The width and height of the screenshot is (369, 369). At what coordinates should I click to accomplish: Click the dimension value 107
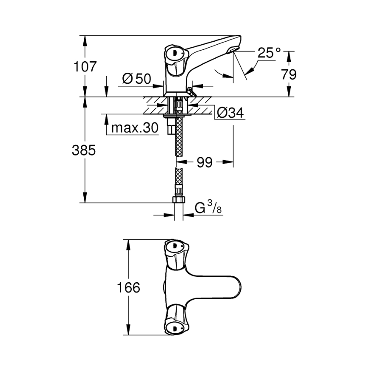[x=85, y=67]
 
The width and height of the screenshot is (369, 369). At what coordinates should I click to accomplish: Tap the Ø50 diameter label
[x=136, y=78]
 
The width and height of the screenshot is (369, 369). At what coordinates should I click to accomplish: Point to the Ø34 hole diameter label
[x=230, y=113]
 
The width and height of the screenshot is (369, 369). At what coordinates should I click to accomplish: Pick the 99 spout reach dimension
[x=204, y=162]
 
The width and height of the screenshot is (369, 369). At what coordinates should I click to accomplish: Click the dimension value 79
[x=289, y=74]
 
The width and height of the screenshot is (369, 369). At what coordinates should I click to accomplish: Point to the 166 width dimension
[x=129, y=288]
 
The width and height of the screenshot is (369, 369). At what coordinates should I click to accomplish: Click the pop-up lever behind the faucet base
[x=190, y=91]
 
